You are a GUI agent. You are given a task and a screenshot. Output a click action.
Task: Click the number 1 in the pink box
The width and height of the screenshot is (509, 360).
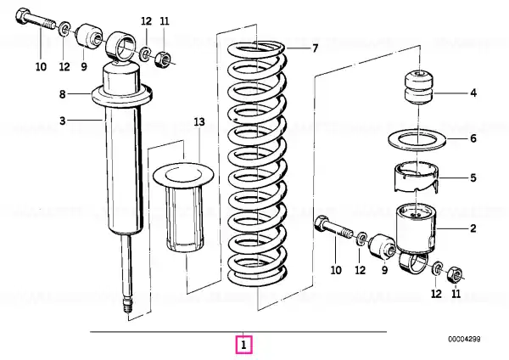[243, 345]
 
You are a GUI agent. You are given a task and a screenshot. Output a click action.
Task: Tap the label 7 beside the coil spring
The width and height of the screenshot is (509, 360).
[315, 48]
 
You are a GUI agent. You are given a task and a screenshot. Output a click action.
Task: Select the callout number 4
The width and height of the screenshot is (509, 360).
[473, 93]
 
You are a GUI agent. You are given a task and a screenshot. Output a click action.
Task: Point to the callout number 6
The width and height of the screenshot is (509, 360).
[473, 138]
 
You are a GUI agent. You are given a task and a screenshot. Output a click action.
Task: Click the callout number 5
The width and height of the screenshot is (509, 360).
[473, 177]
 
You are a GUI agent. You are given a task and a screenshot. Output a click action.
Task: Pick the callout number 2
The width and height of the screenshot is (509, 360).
[473, 228]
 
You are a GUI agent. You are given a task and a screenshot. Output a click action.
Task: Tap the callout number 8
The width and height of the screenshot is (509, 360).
[62, 94]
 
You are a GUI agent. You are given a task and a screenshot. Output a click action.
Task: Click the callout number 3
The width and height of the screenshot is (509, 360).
[62, 121]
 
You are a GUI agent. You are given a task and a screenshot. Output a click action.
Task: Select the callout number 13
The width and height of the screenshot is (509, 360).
[199, 122]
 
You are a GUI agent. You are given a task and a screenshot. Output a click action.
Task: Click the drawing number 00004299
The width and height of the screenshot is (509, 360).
[464, 340]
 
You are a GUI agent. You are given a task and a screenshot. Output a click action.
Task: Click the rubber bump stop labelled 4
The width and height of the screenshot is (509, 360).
[419, 87]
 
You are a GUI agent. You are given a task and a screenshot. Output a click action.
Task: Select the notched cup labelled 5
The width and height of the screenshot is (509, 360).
[417, 177]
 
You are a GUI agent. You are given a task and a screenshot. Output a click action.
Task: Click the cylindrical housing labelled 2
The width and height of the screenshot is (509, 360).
[416, 229]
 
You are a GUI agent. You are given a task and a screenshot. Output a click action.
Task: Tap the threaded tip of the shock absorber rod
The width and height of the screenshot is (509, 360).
[127, 306]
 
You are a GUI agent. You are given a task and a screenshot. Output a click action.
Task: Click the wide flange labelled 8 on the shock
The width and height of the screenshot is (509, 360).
[122, 96]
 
